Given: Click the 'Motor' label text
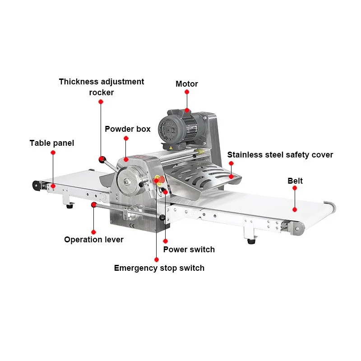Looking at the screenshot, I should [x=186, y=84].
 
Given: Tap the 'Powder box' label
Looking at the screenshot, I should [x=128, y=129].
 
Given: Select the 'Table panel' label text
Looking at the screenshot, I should [x=52, y=143].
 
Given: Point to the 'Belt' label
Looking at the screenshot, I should [x=295, y=181].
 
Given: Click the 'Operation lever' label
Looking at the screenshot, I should [x=93, y=240].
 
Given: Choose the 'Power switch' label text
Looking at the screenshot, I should [x=189, y=250].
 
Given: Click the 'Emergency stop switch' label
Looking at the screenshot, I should [x=159, y=268].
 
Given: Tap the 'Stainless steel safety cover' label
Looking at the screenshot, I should [x=280, y=155].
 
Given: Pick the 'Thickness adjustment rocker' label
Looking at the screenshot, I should [x=102, y=87].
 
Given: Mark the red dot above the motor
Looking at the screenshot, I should [x=186, y=92].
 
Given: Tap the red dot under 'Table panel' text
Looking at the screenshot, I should [x=53, y=153].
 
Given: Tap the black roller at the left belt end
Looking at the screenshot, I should [x=35, y=185].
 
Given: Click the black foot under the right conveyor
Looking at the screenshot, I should [x=250, y=241].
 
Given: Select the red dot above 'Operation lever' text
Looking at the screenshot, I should [x=93, y=205].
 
